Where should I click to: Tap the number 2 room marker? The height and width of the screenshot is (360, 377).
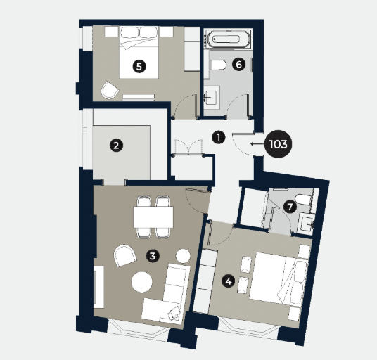click(x=116, y=146)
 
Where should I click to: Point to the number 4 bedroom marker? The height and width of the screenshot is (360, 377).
click(x=228, y=281)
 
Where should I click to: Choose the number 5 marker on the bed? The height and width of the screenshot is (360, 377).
click(x=139, y=67)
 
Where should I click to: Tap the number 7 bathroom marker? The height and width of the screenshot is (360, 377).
click(x=288, y=207)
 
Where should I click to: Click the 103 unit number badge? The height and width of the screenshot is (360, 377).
click(x=278, y=145)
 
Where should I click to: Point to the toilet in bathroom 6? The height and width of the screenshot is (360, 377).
click(x=217, y=65)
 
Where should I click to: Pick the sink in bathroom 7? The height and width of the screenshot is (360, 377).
click(x=307, y=223)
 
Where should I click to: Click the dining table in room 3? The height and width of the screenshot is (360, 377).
click(x=153, y=217)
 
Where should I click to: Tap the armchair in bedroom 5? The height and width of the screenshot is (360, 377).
click(x=110, y=90)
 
